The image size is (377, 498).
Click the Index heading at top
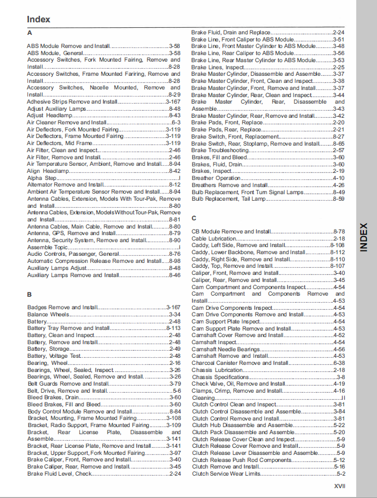click(x=38, y=19)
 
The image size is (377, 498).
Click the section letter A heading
click(x=30, y=33)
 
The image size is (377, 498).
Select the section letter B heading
click(x=30, y=295)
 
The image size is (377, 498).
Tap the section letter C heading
click(x=194, y=218)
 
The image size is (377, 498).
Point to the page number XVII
click(x=339, y=485)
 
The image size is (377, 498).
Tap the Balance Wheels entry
click(x=49, y=315)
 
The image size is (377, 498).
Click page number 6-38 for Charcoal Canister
click(x=339, y=363)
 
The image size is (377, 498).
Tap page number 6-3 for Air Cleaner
click(x=176, y=123)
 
